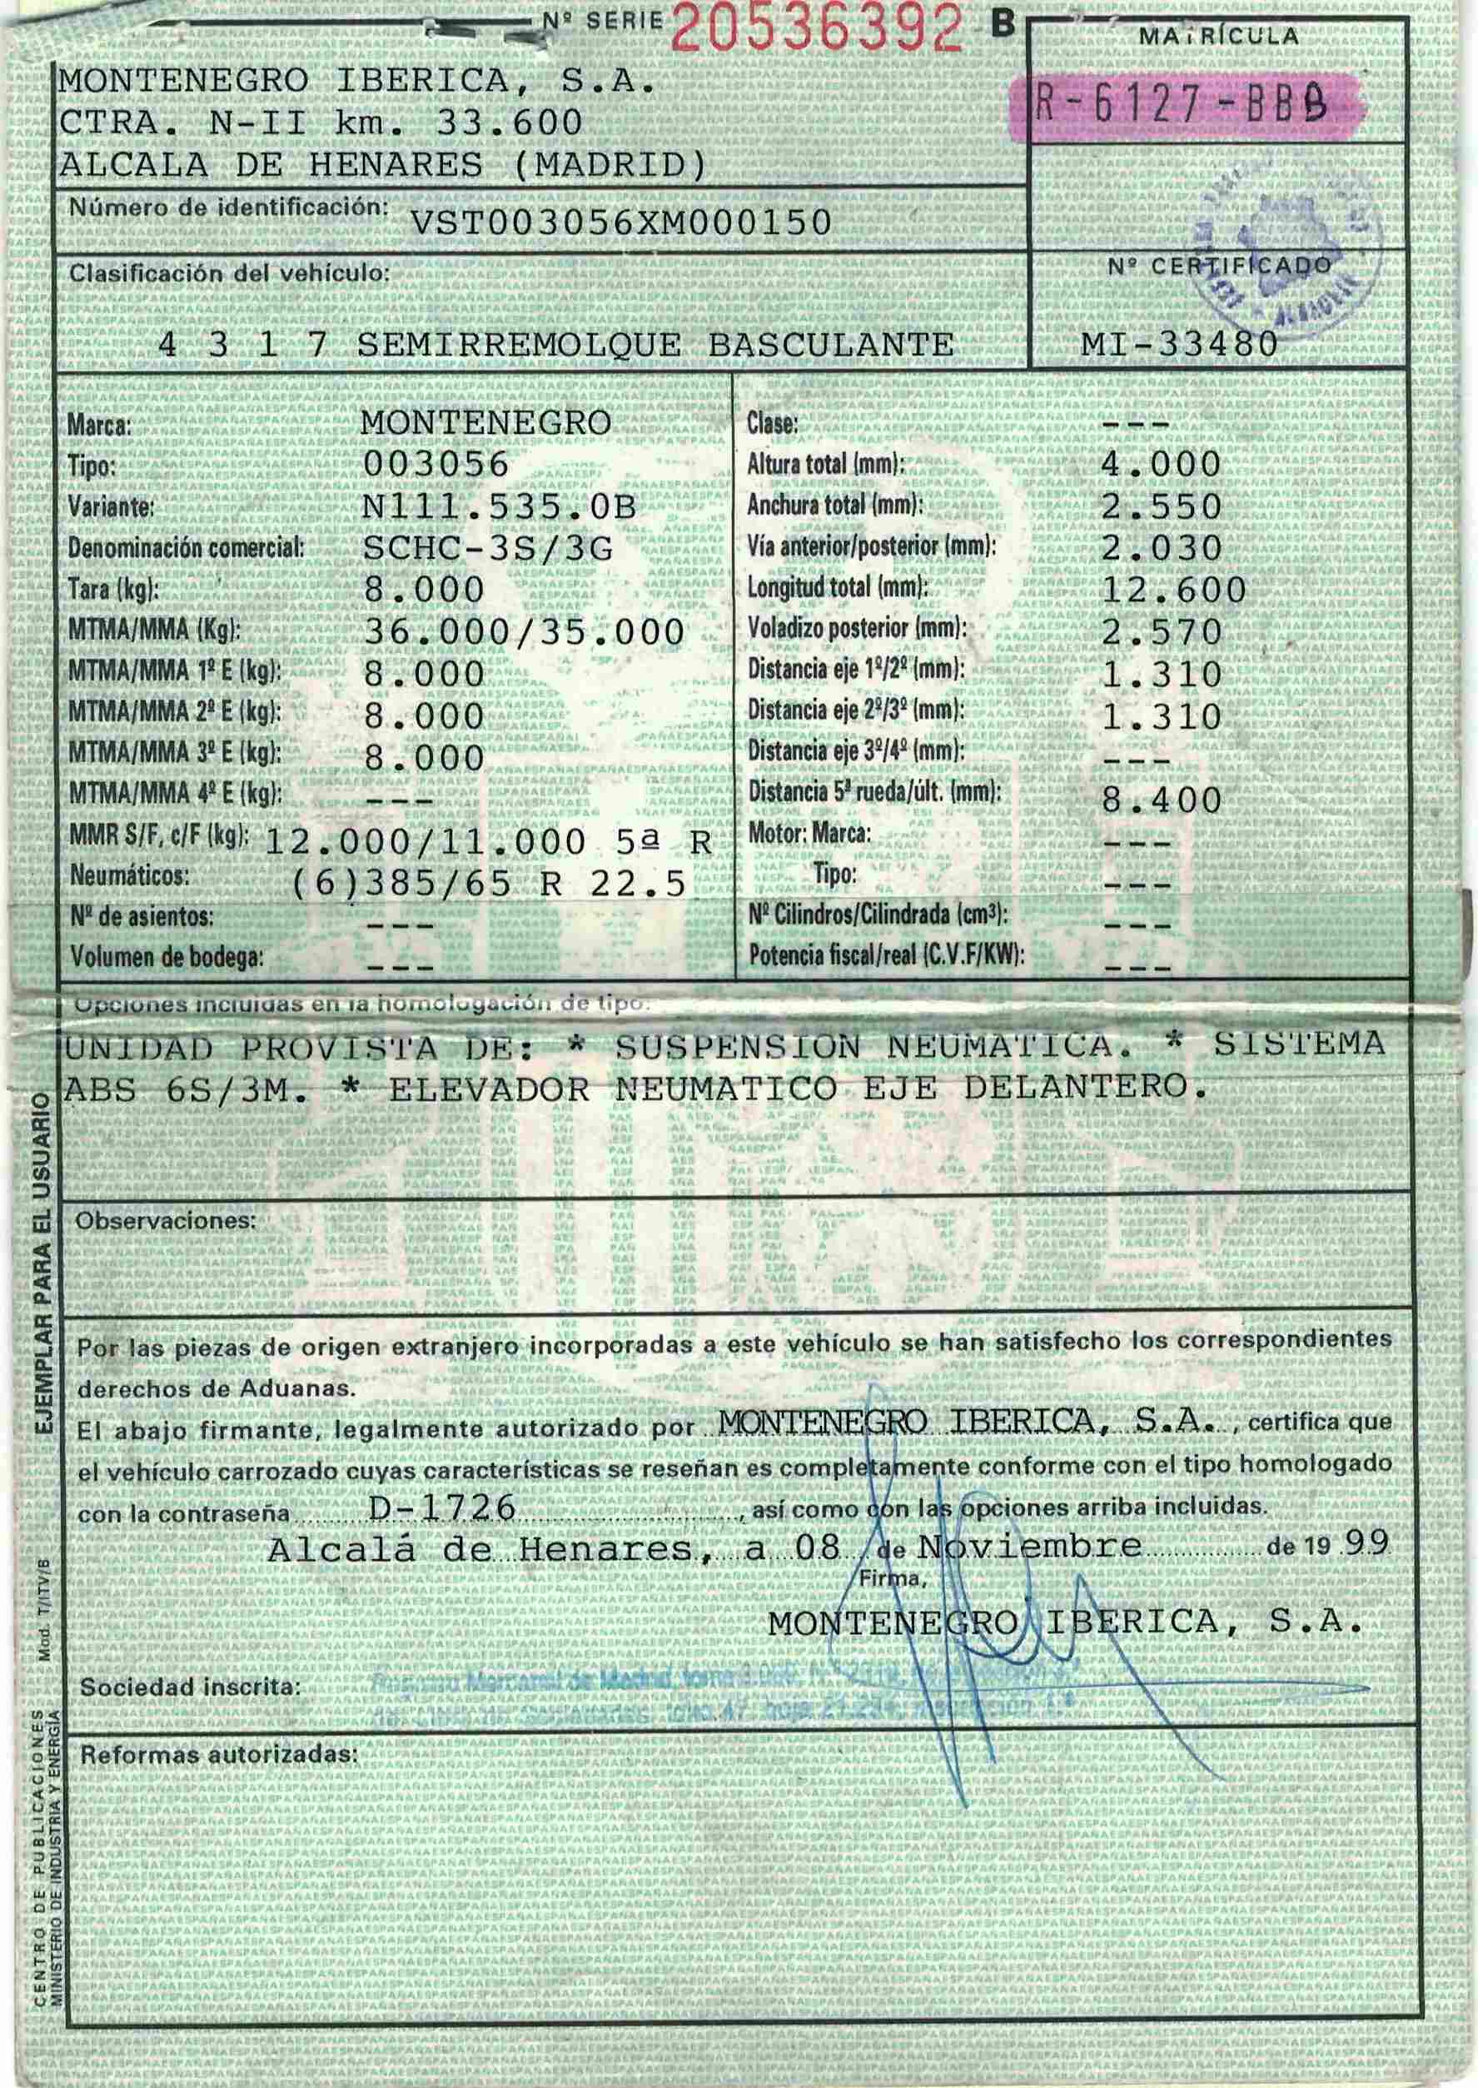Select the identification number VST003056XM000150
point(622,222)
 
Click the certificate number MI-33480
point(1178,344)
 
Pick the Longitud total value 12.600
point(1173,591)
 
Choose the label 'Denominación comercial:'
point(187,548)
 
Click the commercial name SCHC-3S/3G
point(488,549)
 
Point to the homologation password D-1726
point(443,1508)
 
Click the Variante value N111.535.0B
point(499,507)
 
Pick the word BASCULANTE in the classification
point(830,345)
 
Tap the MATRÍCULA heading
point(1219,37)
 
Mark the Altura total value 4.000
point(1161,465)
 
